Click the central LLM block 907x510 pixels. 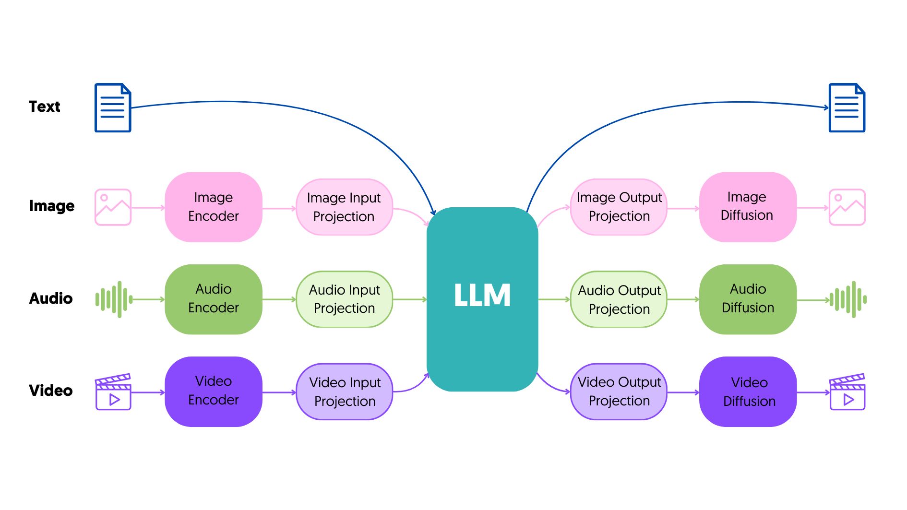pos(482,299)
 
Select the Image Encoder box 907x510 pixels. pos(214,207)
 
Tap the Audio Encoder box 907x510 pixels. pos(214,299)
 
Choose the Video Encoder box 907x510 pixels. pos(214,391)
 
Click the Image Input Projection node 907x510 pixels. pos(344,207)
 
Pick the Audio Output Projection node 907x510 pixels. pos(619,299)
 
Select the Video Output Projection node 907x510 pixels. pos(619,391)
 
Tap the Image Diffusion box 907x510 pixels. pos(747,207)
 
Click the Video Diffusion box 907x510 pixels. pos(748,391)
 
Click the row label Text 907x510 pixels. pos(45,107)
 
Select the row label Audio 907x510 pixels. pos(51,298)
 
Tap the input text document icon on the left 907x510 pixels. pos(113,108)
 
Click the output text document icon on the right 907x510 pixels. pos(847,108)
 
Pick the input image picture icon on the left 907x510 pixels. pos(113,207)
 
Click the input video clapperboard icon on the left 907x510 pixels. pos(113,392)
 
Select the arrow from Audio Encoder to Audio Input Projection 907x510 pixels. pos(279,299)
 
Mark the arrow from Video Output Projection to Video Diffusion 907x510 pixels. pos(683,392)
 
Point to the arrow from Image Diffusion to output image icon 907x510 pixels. pos(812,208)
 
